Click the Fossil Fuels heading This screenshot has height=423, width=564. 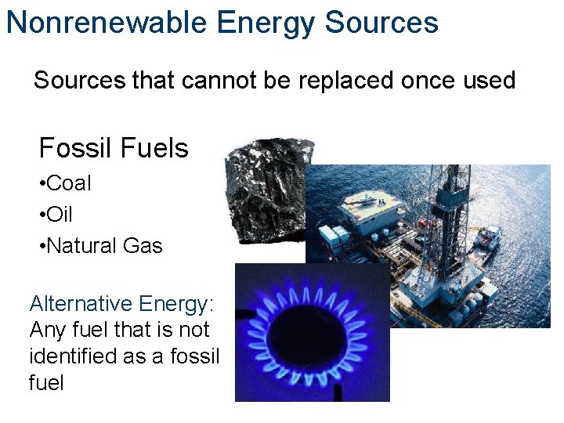(x=114, y=148)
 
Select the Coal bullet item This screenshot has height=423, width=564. (x=68, y=183)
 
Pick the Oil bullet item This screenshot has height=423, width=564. (x=59, y=215)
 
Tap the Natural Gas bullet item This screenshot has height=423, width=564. (x=103, y=246)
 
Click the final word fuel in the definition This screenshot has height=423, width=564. (x=45, y=383)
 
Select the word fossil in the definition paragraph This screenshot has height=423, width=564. (x=196, y=356)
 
